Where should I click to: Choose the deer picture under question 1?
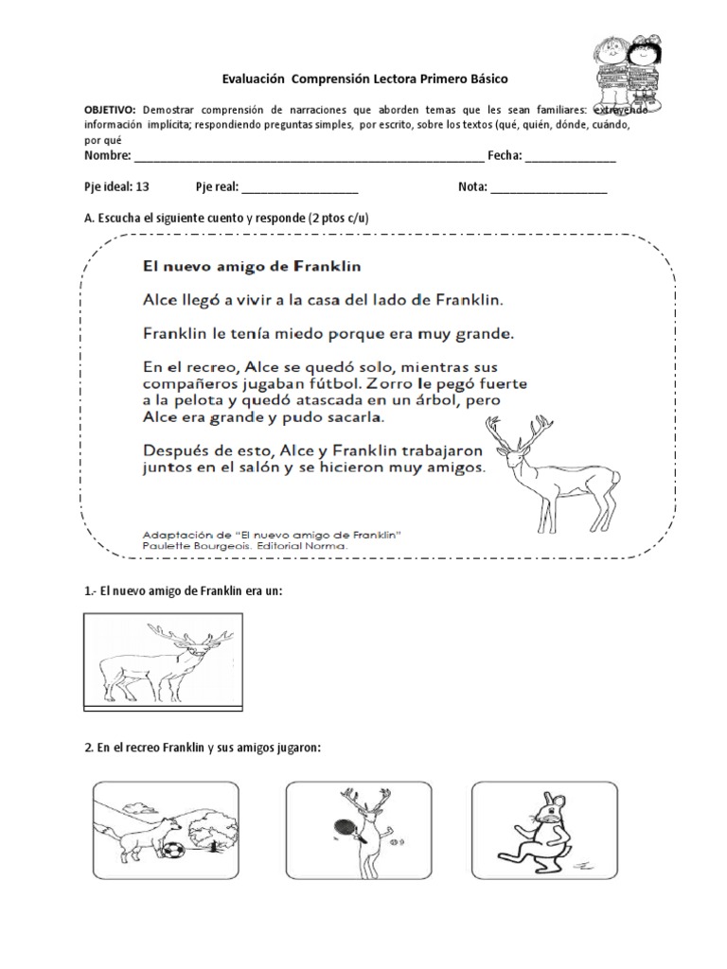click(x=167, y=660)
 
